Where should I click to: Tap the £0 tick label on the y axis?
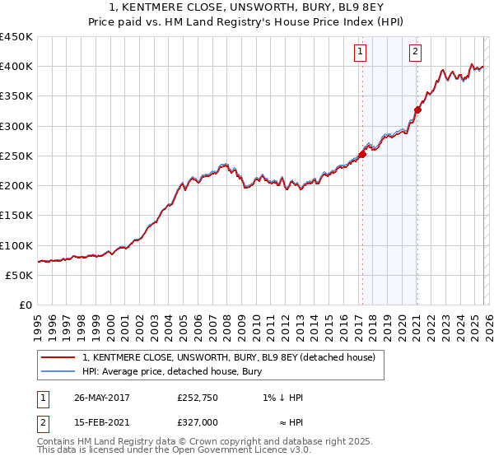[x=25, y=305]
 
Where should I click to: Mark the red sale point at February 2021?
[x=417, y=109]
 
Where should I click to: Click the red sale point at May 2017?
[x=362, y=153]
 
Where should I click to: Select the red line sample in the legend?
[x=58, y=357]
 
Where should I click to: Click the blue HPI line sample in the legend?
[x=58, y=371]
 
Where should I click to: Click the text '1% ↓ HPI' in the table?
[x=281, y=398]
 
